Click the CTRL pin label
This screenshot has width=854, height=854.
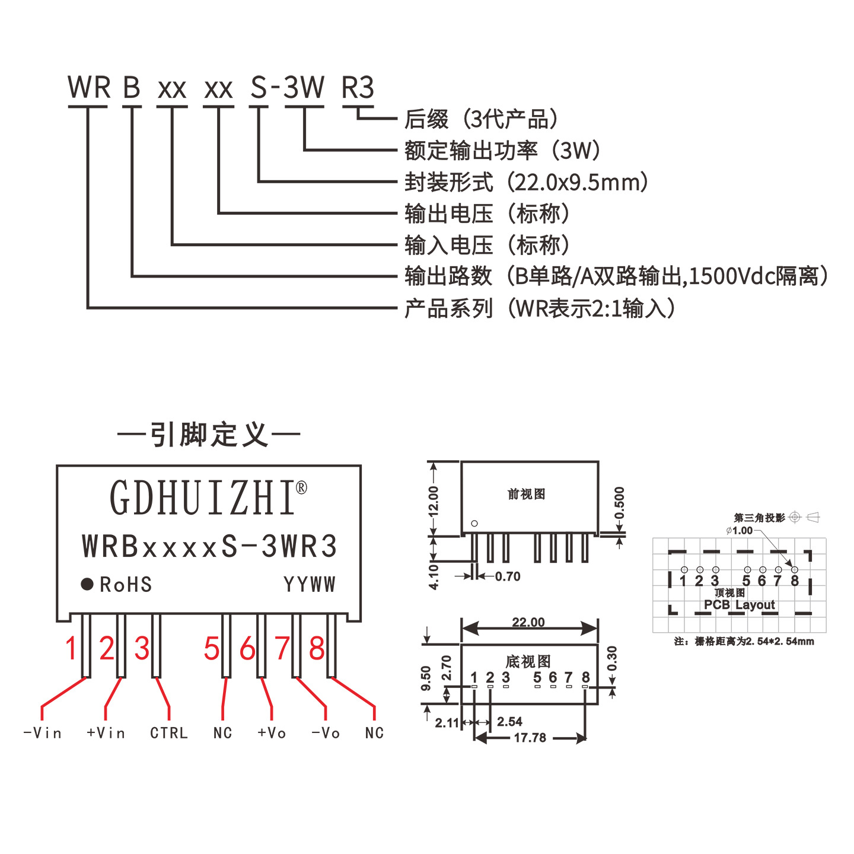(x=168, y=733)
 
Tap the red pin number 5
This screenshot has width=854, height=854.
(x=211, y=649)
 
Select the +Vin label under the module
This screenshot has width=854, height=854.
(x=106, y=733)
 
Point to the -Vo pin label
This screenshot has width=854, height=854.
(x=326, y=733)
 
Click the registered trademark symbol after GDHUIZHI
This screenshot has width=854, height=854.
(x=301, y=488)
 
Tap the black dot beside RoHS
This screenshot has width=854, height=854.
(x=87, y=584)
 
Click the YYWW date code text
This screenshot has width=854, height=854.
(x=310, y=585)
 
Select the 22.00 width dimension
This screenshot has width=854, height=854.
(x=528, y=623)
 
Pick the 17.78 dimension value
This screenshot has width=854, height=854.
(x=530, y=738)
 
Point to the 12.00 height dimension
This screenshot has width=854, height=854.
(x=434, y=501)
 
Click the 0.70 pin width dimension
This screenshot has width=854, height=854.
(x=508, y=576)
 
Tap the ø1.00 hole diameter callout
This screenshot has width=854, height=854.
(x=739, y=530)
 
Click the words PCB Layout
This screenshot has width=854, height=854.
(x=739, y=605)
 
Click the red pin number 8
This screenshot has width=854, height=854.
(x=317, y=649)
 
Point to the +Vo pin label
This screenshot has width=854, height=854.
(x=272, y=733)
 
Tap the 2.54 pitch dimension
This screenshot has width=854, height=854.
(x=509, y=722)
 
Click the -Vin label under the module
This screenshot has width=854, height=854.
(x=43, y=733)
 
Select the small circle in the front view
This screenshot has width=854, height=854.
(x=474, y=524)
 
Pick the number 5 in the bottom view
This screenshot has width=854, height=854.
(x=537, y=677)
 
